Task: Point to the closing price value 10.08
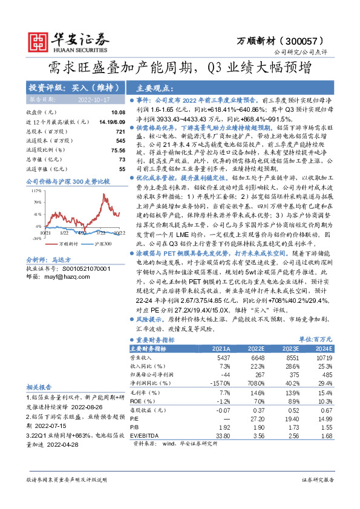tap(117, 112)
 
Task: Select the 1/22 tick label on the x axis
tap(64, 232)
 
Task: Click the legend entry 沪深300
tap(102, 242)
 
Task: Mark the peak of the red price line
tap(104, 193)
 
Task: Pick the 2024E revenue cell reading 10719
tap(325, 357)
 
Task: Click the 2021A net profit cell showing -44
tap(224, 375)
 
